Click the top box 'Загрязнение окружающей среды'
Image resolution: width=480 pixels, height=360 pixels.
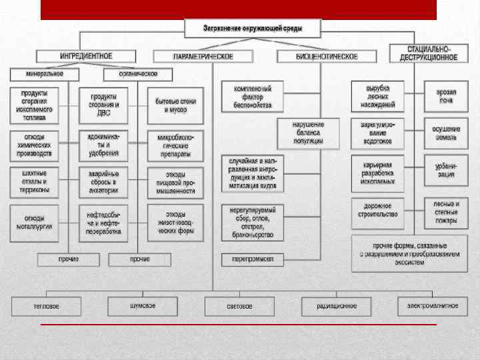click(x=253, y=29)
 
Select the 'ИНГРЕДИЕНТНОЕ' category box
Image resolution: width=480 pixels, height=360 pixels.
click(x=86, y=57)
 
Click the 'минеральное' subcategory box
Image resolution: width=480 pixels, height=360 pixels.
click(x=45, y=73)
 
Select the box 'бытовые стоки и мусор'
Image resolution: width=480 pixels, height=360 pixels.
click(x=176, y=105)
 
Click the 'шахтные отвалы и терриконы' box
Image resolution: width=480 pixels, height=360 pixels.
click(x=34, y=181)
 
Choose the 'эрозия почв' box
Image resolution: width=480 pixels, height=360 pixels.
click(x=446, y=95)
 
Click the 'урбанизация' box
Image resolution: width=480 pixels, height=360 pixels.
click(x=446, y=169)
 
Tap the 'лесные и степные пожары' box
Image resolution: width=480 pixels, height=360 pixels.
click(x=446, y=210)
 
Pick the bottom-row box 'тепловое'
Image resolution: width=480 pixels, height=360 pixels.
click(x=46, y=306)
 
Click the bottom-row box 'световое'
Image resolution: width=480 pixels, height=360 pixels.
click(x=239, y=306)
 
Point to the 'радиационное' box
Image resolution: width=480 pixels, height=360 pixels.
click(x=337, y=306)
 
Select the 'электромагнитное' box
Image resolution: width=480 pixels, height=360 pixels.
click(x=428, y=306)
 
